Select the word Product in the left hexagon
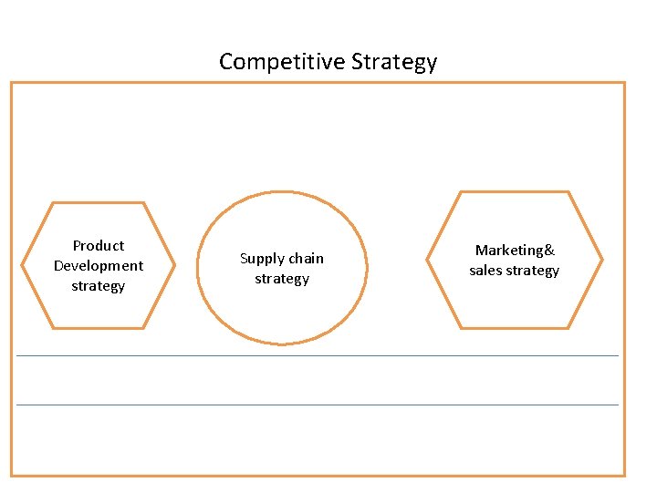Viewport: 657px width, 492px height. coord(99,245)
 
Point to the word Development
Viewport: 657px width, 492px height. coord(99,265)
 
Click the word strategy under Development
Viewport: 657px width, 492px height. coord(99,286)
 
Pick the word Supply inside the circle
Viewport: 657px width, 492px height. coord(258,259)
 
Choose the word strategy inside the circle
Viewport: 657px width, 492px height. coord(282,279)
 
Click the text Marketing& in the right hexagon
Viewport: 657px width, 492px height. coord(515,251)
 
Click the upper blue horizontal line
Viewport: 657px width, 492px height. coord(318,355)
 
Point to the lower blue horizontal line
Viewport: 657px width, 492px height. coord(318,405)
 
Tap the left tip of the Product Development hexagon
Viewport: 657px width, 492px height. coord(23,265)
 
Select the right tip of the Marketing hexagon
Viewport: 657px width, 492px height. coord(602,260)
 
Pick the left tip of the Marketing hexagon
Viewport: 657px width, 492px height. coord(427,260)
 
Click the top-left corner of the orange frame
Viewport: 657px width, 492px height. coord(12,84)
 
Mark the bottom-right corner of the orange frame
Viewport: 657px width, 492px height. coord(624,475)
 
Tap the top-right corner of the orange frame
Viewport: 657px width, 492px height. coord(624,84)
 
